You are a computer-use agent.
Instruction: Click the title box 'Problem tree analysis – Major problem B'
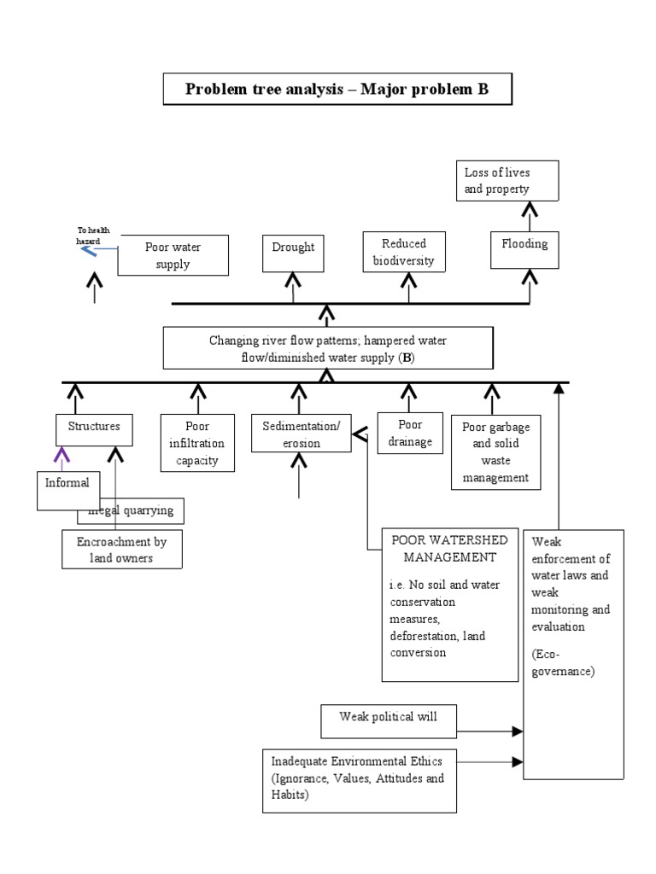point(337,89)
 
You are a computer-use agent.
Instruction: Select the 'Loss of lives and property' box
point(507,181)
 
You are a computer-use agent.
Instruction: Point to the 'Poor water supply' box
point(173,255)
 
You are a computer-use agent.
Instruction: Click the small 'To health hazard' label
point(91,235)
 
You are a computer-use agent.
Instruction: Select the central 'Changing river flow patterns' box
point(328,348)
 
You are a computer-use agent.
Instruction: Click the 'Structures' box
point(94,429)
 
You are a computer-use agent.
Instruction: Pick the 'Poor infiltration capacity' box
point(198,443)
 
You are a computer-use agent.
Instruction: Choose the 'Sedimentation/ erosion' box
point(301,434)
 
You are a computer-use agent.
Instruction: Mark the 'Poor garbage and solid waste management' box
point(495,452)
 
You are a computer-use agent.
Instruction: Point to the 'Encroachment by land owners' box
point(121,550)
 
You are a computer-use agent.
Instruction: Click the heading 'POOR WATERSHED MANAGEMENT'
point(449,548)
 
